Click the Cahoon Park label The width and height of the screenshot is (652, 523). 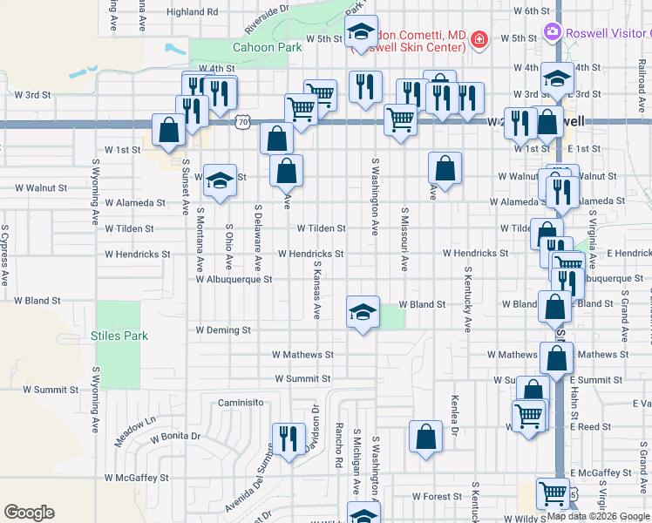click(261, 48)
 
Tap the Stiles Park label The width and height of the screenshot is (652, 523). click(119, 336)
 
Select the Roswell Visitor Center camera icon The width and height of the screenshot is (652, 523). click(552, 33)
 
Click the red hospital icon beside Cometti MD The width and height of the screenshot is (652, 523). click(479, 39)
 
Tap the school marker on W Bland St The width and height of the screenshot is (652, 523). click(363, 312)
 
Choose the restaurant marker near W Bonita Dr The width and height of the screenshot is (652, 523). click(289, 438)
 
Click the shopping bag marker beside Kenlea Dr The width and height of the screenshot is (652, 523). click(425, 437)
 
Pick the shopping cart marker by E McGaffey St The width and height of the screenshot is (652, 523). click(553, 493)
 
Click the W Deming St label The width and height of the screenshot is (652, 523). click(223, 330)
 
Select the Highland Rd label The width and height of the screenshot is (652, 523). click(192, 12)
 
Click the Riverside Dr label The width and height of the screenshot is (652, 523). click(266, 20)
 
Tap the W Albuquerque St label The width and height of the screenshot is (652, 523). click(234, 280)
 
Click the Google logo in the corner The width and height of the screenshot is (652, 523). click(29, 513)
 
